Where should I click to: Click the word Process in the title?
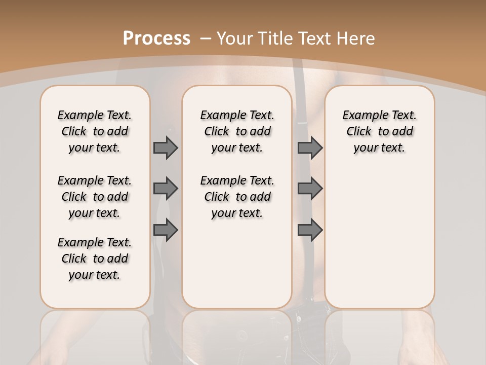156,38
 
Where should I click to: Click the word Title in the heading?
276,38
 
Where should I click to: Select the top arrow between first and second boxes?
166,148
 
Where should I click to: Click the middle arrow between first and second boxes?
166,189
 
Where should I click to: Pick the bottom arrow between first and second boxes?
166,230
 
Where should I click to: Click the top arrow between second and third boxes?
310,148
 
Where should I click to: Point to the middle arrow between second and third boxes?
310,189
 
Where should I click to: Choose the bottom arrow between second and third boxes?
310,230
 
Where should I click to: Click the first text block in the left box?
95,131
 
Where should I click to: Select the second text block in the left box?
95,197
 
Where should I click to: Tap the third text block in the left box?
95,259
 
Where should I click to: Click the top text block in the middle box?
237,131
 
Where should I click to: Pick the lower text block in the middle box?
237,197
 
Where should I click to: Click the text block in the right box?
379,131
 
